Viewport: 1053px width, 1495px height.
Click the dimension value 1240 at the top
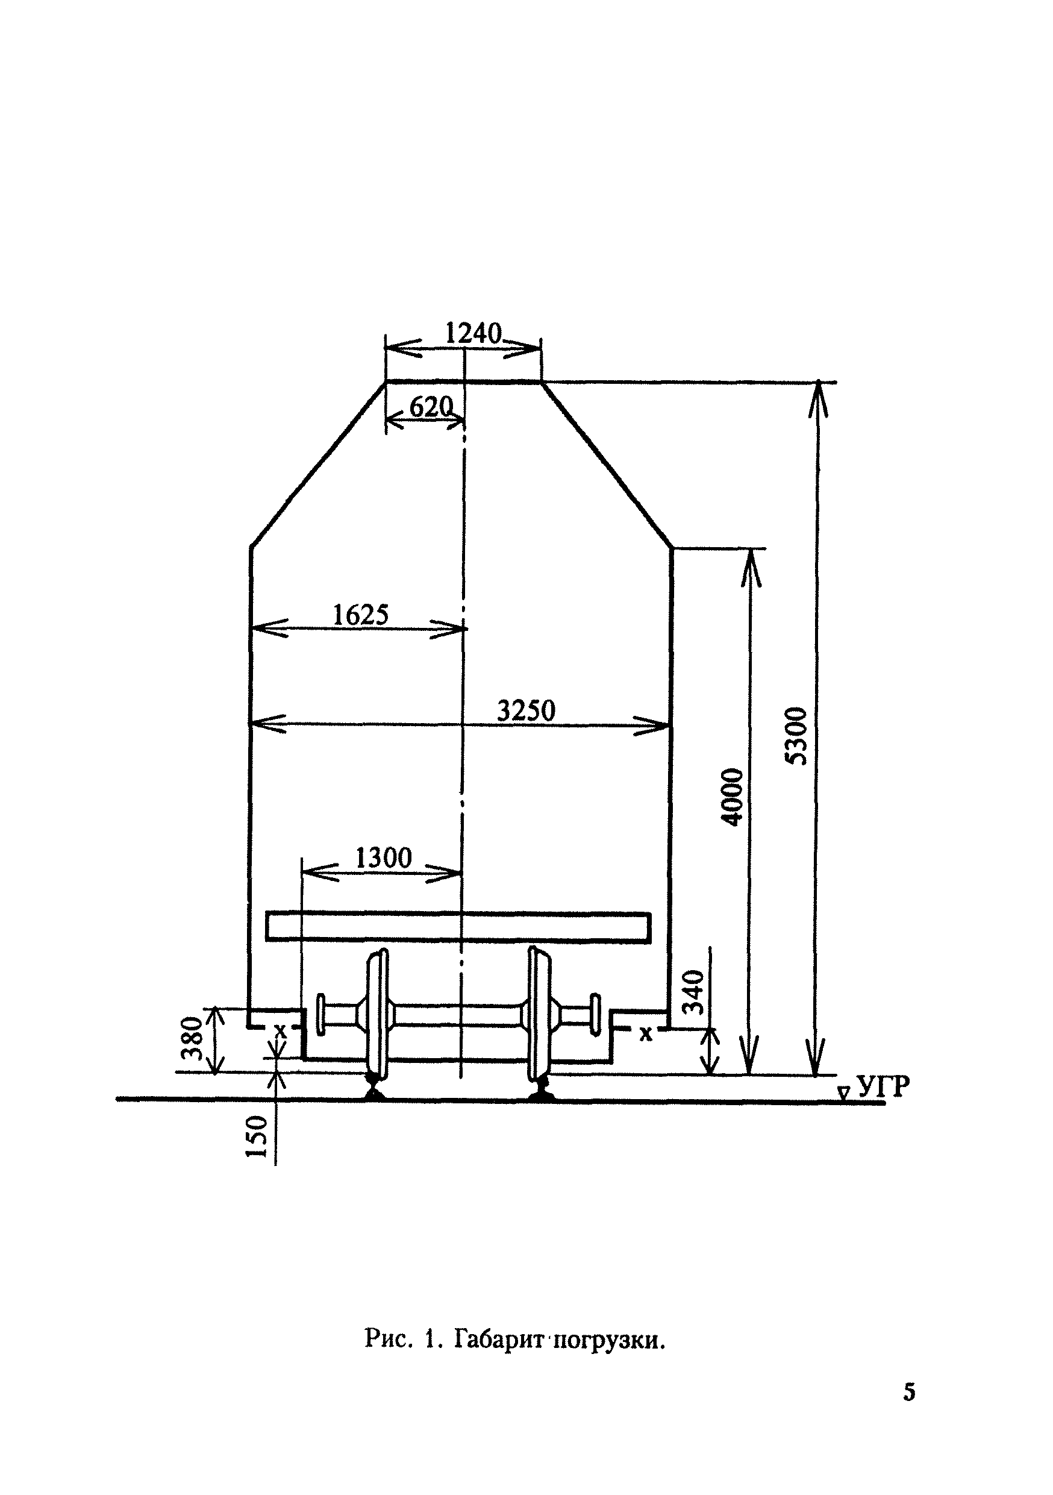point(473,333)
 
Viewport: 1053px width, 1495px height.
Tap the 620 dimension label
point(431,407)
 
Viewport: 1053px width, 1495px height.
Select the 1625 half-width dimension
point(361,615)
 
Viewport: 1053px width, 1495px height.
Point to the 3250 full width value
point(526,710)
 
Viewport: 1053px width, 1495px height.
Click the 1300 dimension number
point(383,858)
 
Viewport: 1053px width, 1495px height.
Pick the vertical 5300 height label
point(796,736)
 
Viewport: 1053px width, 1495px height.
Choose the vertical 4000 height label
point(733,797)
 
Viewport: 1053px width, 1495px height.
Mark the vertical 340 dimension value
point(696,992)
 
